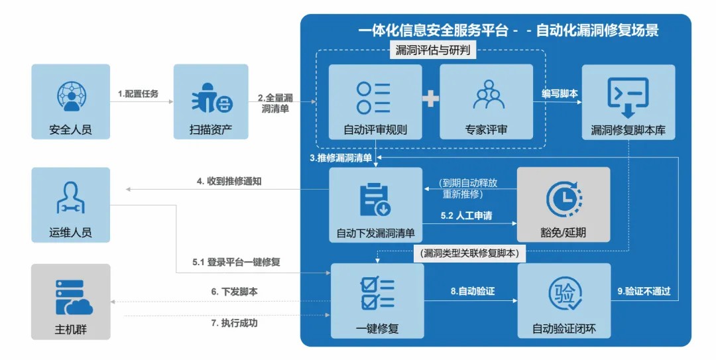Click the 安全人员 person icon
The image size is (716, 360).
[x=70, y=96]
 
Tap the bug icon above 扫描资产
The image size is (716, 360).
[x=211, y=98]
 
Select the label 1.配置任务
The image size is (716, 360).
[x=138, y=94]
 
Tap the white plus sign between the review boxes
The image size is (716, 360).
[x=431, y=99]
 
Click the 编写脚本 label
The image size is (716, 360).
[x=559, y=94]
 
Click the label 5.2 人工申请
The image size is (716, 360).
[x=467, y=216]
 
